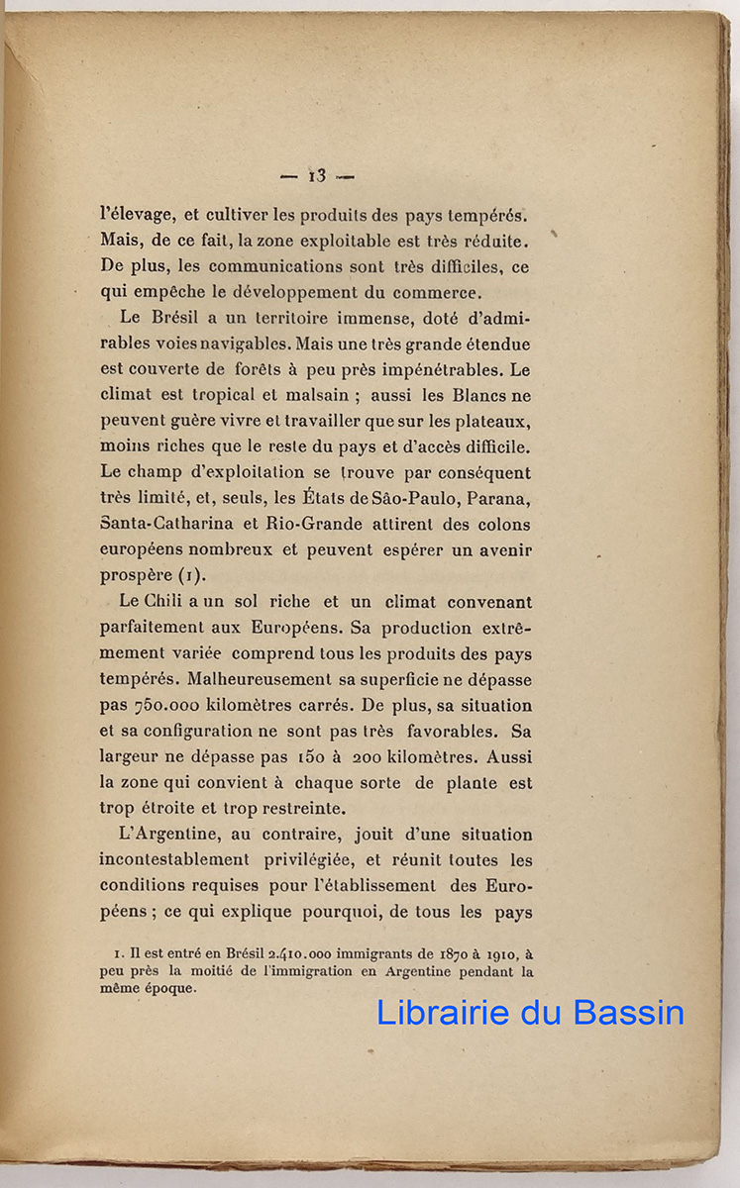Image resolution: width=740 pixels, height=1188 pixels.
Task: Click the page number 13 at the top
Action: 317,176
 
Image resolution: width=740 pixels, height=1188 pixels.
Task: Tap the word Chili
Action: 170,602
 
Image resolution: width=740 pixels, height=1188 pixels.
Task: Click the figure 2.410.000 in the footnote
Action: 306,954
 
